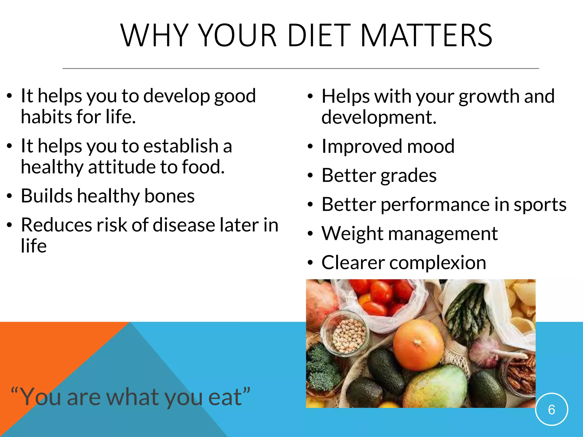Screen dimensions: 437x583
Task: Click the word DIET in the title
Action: tap(319, 36)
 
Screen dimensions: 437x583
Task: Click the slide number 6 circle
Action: tap(551, 409)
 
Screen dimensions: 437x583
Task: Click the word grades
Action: tap(408, 176)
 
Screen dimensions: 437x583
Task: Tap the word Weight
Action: tap(352, 234)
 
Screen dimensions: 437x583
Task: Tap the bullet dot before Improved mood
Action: tap(310, 147)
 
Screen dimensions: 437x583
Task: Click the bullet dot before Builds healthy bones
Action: tap(10, 196)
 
